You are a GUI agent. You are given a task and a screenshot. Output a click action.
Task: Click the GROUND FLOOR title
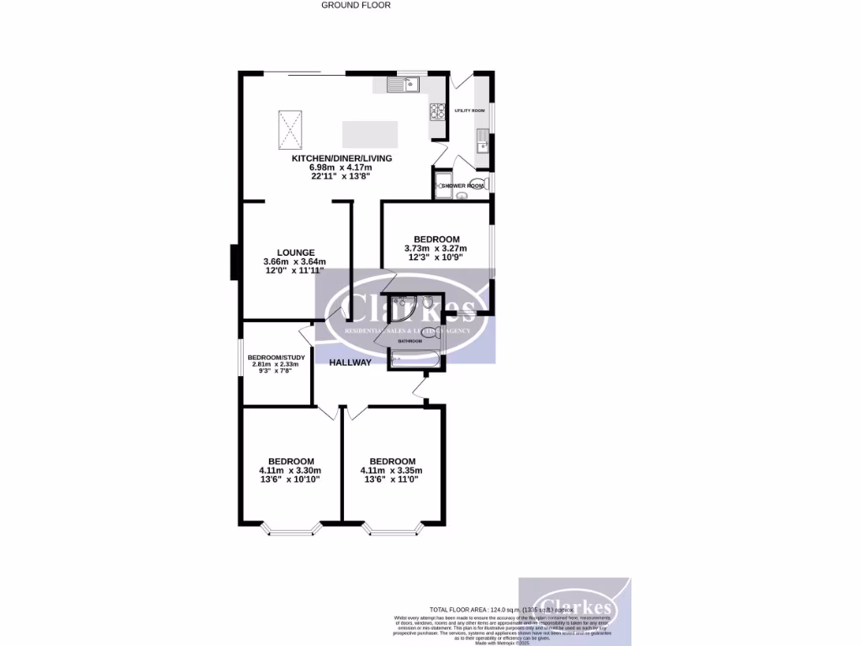(356, 5)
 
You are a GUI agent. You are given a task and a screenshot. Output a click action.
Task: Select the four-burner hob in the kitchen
(437, 109)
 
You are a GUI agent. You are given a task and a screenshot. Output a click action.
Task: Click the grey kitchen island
(370, 134)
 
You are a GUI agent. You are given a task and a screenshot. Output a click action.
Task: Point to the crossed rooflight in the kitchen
(291, 129)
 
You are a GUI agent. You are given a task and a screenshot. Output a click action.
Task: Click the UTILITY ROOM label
(470, 110)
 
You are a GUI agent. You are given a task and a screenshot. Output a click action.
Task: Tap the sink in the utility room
(481, 142)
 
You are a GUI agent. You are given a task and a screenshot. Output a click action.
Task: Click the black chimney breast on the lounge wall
(235, 262)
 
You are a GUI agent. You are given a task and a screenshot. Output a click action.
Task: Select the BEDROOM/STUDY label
(270, 357)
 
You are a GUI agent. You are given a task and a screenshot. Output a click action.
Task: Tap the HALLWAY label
(350, 363)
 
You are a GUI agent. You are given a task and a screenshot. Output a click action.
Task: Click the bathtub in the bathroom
(415, 362)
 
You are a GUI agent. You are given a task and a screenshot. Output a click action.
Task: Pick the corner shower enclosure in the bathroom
(402, 309)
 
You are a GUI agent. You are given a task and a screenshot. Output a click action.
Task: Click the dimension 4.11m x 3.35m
(392, 470)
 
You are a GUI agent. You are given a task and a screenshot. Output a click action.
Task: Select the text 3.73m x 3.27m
(436, 248)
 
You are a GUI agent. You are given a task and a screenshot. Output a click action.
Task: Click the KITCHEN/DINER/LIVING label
(341, 158)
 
